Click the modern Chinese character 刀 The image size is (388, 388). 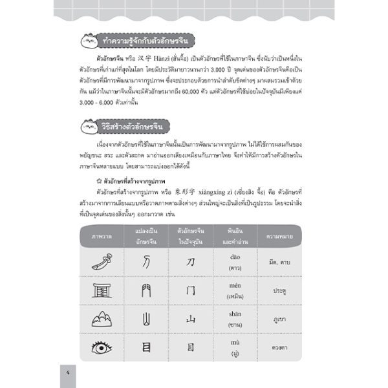pyautogui.click(x=190, y=262)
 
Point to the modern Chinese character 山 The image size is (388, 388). pyautogui.click(x=190, y=319)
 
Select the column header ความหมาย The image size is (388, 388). pyautogui.click(x=279, y=236)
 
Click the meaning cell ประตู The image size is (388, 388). pyautogui.click(x=279, y=291)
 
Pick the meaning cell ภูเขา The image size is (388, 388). pyautogui.click(x=279, y=319)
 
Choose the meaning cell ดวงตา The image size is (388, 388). pyautogui.click(x=279, y=348)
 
